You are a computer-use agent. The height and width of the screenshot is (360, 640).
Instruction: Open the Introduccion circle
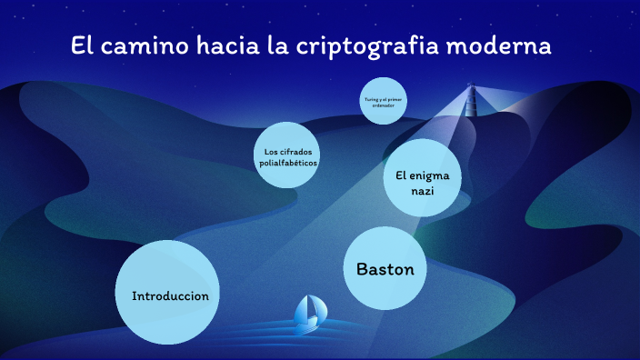click(x=170, y=294)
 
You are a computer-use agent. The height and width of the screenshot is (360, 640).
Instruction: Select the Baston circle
click(x=385, y=269)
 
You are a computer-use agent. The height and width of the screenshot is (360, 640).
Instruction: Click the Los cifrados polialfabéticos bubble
click(x=288, y=155)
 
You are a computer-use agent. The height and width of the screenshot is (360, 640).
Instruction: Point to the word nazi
click(x=423, y=191)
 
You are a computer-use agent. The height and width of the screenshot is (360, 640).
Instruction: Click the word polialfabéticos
click(x=288, y=162)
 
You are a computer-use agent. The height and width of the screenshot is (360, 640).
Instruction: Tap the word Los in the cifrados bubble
click(x=270, y=150)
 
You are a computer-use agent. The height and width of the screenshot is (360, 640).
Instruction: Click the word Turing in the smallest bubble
click(x=370, y=97)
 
